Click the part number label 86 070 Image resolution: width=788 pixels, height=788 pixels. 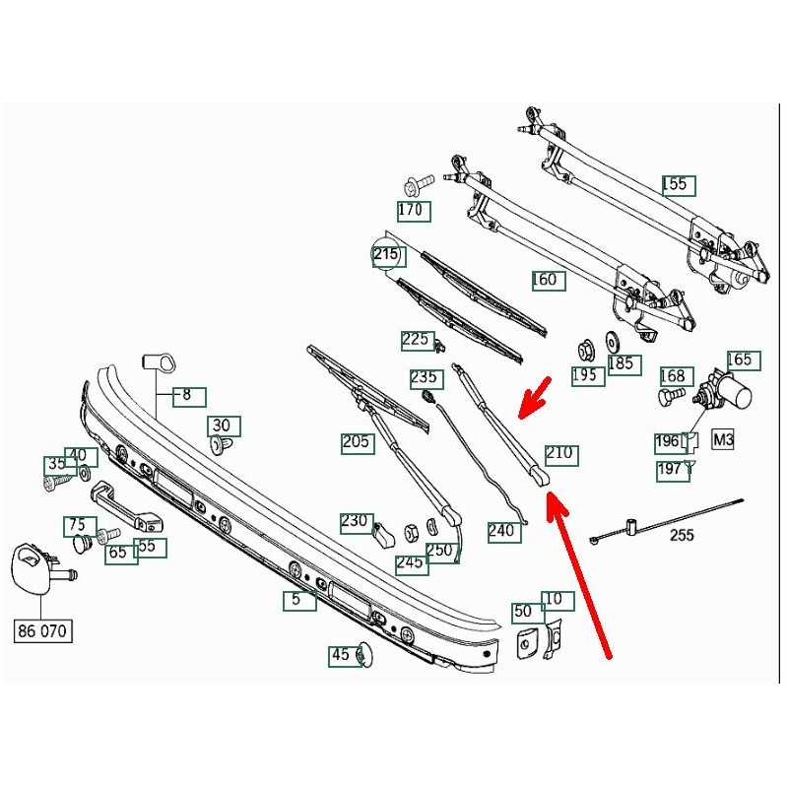[42, 630]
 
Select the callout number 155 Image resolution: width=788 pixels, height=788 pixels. [679, 185]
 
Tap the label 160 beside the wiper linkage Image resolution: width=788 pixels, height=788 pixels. [549, 281]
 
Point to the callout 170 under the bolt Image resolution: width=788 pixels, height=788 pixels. [414, 211]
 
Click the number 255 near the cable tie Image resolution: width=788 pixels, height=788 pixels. [682, 535]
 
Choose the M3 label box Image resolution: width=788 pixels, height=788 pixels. [723, 439]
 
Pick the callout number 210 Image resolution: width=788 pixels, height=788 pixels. [561, 455]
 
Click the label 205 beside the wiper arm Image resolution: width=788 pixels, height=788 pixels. [358, 443]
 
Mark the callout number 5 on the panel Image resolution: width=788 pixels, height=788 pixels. [299, 600]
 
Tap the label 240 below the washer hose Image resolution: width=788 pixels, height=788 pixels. [504, 532]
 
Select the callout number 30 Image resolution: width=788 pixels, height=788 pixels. [225, 427]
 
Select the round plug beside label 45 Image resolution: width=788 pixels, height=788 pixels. [364, 655]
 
